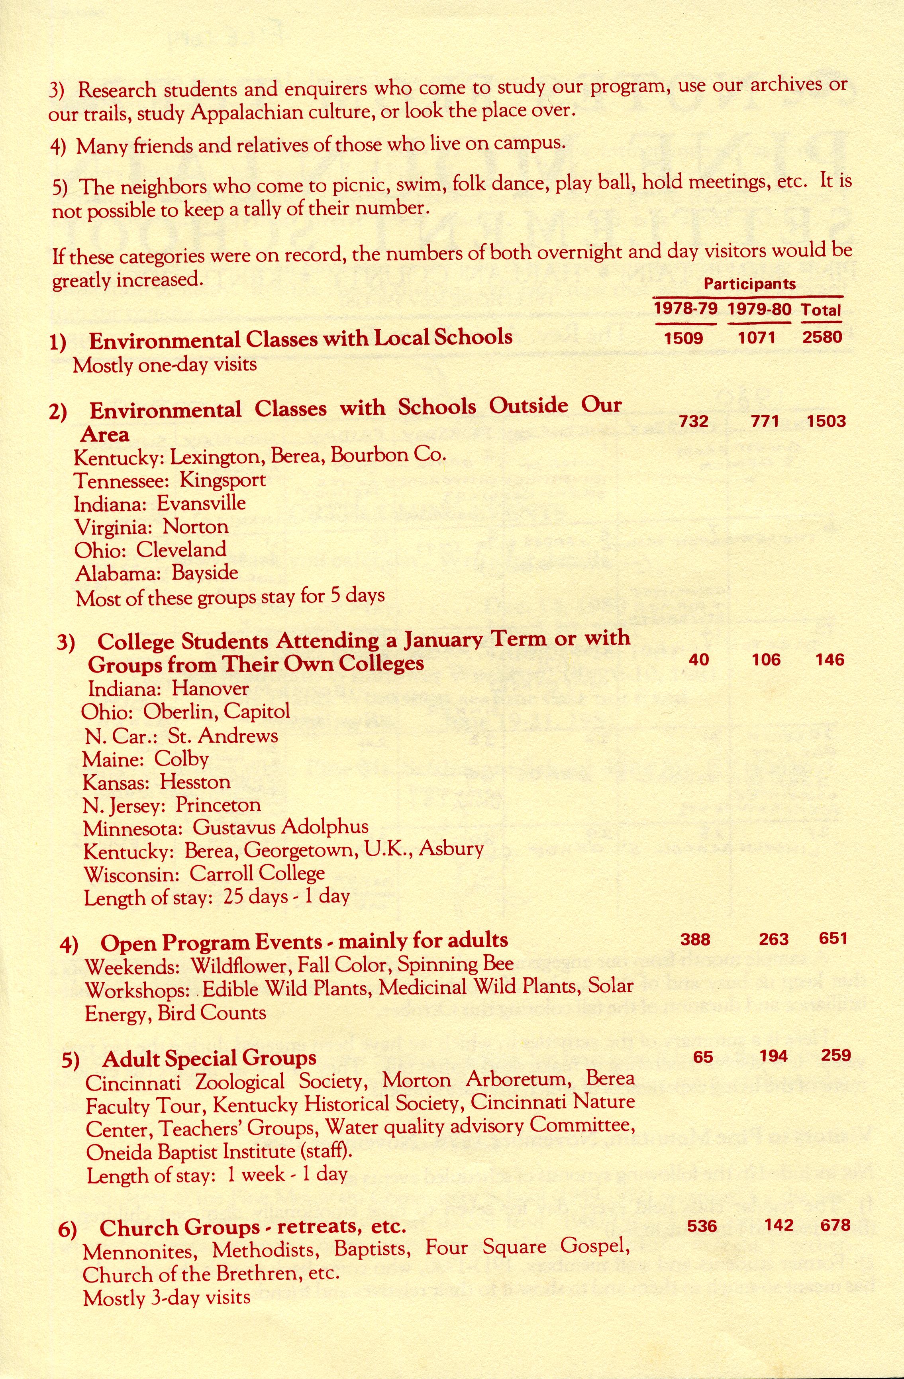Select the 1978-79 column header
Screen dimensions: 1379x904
click(x=685, y=308)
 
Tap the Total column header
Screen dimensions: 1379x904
click(x=821, y=310)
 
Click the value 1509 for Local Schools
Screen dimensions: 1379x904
click(x=683, y=338)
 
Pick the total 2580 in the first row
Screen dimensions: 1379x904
click(x=822, y=337)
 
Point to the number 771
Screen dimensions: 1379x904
click(x=764, y=421)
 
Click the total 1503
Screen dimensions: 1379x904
click(x=826, y=421)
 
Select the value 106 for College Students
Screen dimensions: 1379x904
click(x=766, y=659)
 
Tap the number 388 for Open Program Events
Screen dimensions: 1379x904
click(x=695, y=939)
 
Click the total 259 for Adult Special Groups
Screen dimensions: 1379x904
click(x=835, y=1055)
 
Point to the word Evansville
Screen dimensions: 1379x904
click(x=201, y=503)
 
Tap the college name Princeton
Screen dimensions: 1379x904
click(x=218, y=805)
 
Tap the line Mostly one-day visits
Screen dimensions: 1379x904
click(x=165, y=365)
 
